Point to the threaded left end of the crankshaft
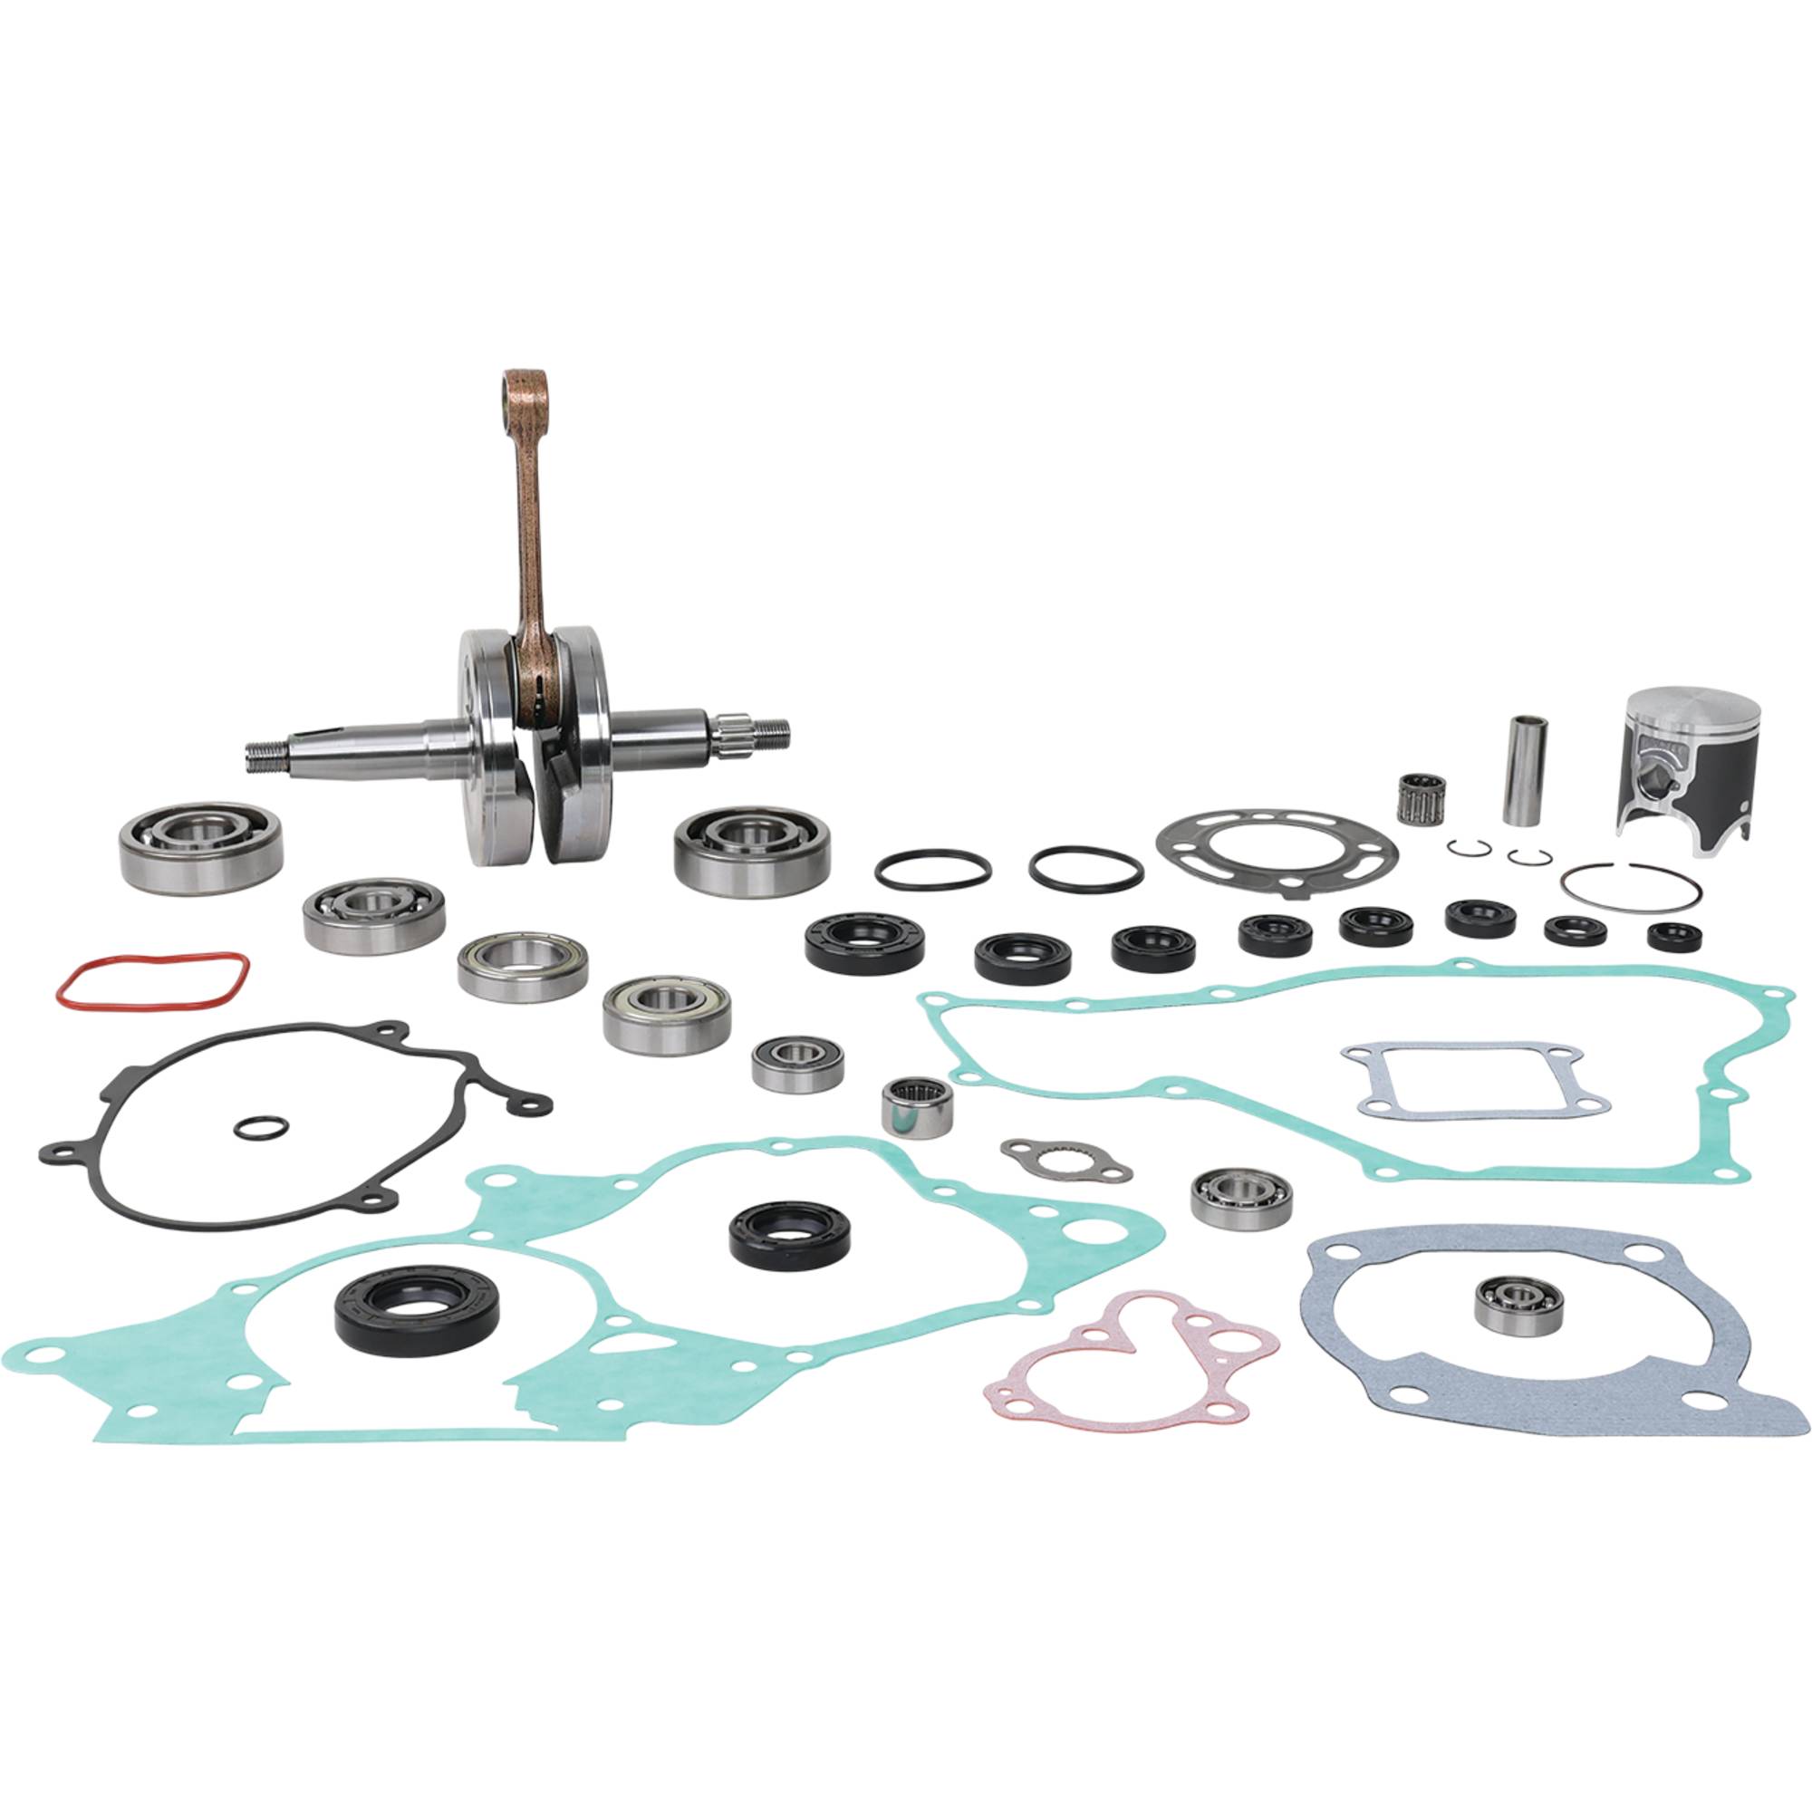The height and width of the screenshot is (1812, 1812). (267, 753)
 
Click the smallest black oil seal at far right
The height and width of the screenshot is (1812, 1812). (1674, 933)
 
